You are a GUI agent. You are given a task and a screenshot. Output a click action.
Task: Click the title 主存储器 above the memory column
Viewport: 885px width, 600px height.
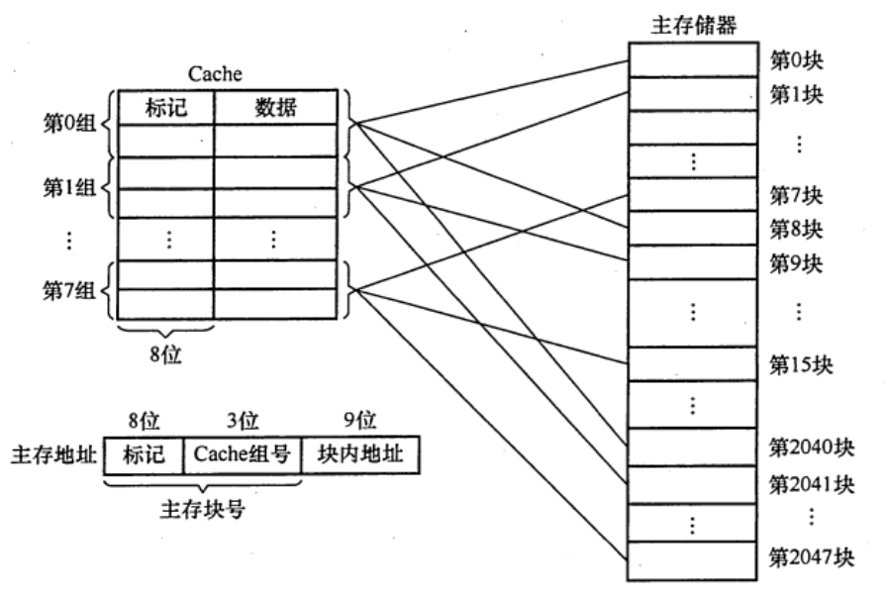tap(691, 23)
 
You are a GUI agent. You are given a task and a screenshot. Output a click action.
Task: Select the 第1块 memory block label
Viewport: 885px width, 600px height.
tap(797, 96)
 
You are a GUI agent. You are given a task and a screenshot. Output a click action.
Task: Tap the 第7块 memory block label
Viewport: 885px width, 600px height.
tap(797, 194)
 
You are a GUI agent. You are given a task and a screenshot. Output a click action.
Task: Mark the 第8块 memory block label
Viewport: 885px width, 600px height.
tap(797, 230)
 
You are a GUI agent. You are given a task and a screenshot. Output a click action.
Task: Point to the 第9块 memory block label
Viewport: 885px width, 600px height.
tap(797, 265)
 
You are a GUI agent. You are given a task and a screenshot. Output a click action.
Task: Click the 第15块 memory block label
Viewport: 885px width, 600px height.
tap(801, 363)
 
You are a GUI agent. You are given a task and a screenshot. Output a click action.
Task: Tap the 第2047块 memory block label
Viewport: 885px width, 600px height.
tap(811, 556)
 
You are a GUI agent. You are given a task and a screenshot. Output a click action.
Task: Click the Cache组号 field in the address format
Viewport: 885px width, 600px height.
tap(242, 456)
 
